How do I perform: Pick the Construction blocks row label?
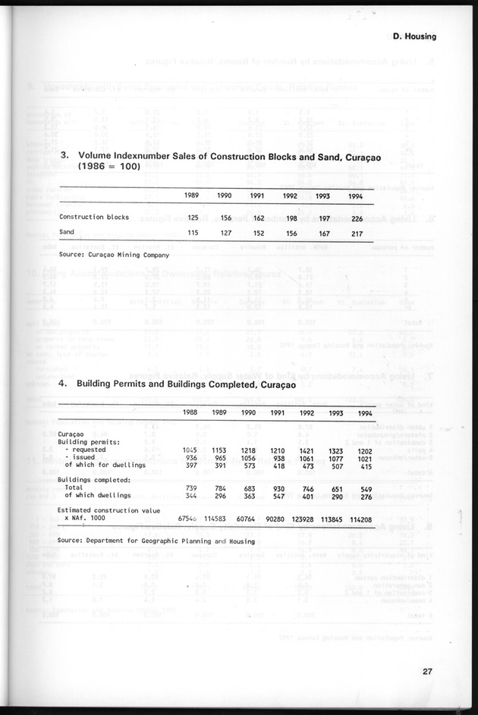[94, 218]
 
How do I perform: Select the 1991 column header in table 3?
[257, 196]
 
